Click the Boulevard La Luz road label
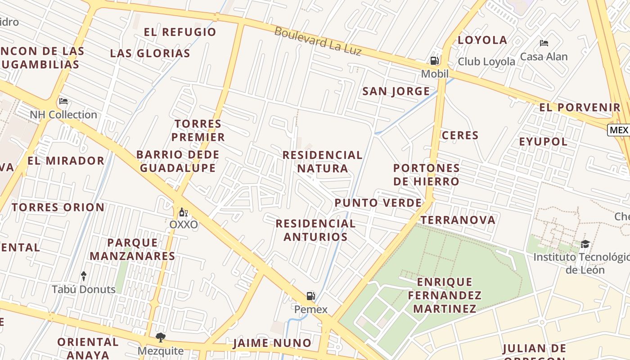click(x=318, y=41)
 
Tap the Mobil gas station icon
click(x=434, y=61)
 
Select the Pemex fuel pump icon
click(x=310, y=296)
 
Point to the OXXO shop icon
click(x=183, y=212)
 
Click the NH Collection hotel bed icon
click(x=63, y=101)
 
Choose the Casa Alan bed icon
click(x=544, y=44)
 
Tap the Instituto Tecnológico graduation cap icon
click(x=585, y=244)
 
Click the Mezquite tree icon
click(x=160, y=337)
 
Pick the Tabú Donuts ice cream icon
click(x=84, y=275)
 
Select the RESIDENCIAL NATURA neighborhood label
click(x=322, y=162)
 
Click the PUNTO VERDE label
click(x=378, y=203)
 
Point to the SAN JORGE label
click(x=396, y=91)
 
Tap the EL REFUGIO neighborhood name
click(x=180, y=32)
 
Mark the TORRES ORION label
click(x=58, y=207)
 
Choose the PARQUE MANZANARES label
click(x=132, y=249)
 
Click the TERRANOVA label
click(x=458, y=220)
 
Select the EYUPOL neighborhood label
click(x=543, y=142)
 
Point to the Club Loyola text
click(x=486, y=62)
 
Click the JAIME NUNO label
click(x=272, y=343)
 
